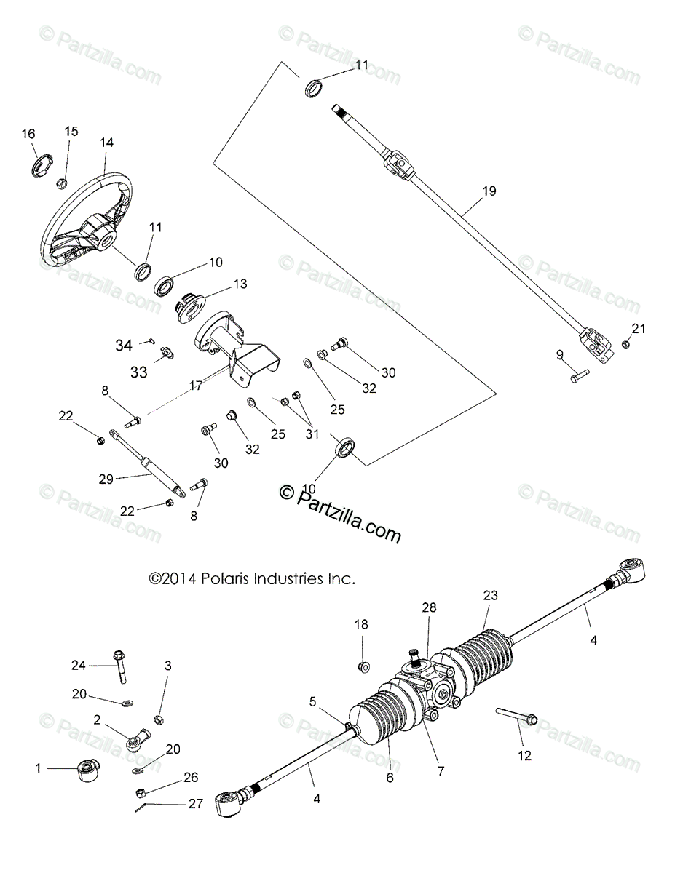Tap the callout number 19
pos(489,191)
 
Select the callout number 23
pos(489,594)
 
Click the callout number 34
pos(123,346)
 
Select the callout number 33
pos(139,372)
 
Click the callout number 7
pos(441,770)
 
